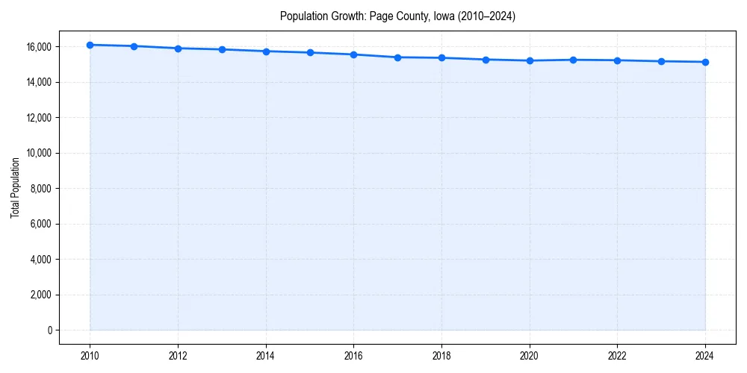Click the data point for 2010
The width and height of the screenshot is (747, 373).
[90, 45]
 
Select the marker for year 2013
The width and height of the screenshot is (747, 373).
[222, 49]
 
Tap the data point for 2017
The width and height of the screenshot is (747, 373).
[397, 57]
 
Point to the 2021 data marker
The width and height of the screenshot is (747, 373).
[573, 60]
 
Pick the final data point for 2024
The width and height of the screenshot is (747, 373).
[705, 62]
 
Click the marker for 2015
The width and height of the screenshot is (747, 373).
[310, 52]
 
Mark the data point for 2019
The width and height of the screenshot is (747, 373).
[486, 60]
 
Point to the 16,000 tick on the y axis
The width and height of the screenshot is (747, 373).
[38, 46]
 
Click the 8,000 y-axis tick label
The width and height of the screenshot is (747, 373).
[40, 189]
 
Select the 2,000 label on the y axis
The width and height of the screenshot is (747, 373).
[40, 295]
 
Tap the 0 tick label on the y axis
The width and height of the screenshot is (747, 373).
[49, 330]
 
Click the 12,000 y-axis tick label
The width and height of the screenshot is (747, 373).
[38, 118]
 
